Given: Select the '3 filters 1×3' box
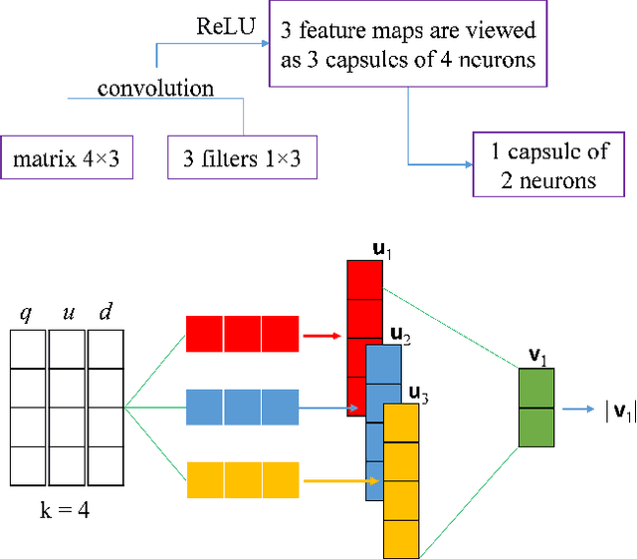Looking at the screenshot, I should point(242,157).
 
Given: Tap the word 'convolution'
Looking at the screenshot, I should point(155,89).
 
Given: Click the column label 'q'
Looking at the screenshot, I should point(27,314).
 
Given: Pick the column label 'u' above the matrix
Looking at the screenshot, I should point(67,314).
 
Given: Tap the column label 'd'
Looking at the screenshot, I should point(105,314).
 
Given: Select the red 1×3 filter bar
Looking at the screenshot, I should point(242,334).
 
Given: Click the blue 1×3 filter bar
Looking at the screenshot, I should point(242,408).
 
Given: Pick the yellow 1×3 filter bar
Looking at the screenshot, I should point(242,481).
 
